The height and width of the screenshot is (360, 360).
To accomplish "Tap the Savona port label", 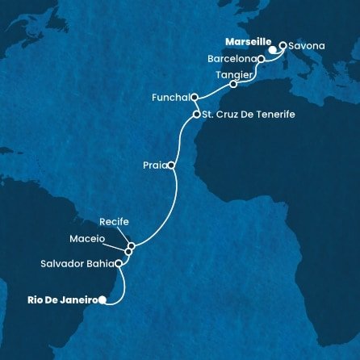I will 308,46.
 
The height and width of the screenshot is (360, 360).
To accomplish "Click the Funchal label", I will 170,97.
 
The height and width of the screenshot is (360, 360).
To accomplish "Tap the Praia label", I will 151,165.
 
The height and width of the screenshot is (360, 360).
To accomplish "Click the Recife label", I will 114,221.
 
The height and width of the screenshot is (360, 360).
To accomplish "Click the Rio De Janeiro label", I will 54,300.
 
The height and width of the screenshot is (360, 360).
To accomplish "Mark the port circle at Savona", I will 283,46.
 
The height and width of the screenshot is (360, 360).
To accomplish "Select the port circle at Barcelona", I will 261,59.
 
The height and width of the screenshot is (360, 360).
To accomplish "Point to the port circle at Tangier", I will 233,84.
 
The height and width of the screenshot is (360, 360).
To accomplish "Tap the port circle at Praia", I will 171,165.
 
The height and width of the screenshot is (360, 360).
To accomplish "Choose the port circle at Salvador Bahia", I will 119,263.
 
